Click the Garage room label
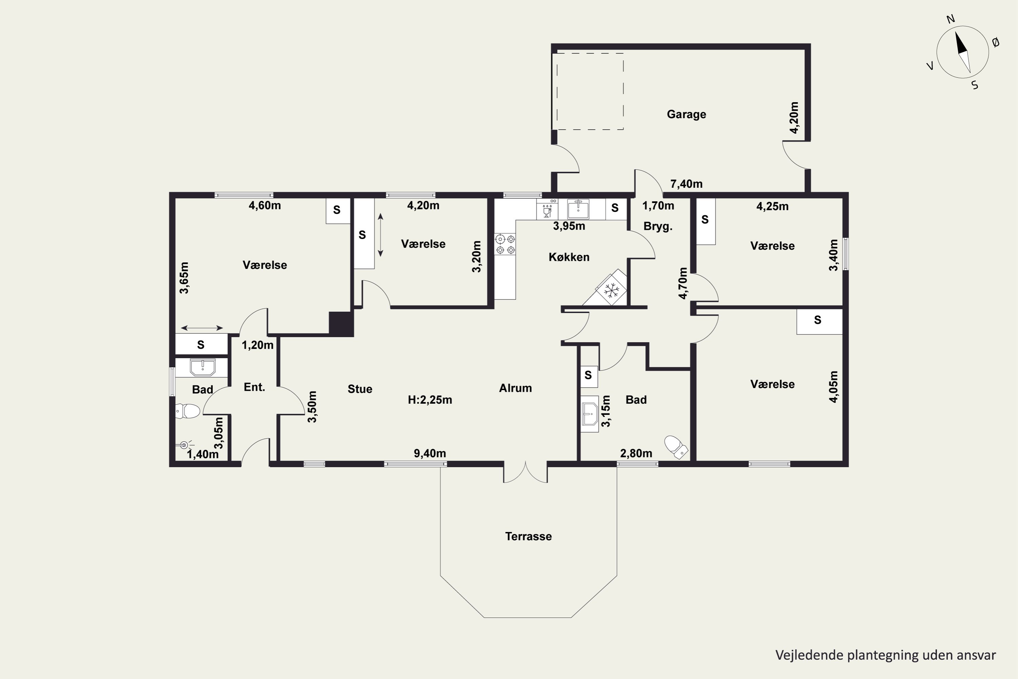(x=686, y=114)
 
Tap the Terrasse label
(x=528, y=536)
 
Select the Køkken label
(x=569, y=257)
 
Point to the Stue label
(x=360, y=389)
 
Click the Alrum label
(x=515, y=388)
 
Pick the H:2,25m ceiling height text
(x=430, y=400)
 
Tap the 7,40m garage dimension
(x=686, y=184)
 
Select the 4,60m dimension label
(x=264, y=205)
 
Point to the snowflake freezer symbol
(x=611, y=290)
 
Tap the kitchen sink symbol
(x=578, y=209)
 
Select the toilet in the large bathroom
(x=676, y=447)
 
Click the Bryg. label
(x=658, y=226)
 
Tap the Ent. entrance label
(x=254, y=387)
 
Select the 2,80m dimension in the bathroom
(x=636, y=453)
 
